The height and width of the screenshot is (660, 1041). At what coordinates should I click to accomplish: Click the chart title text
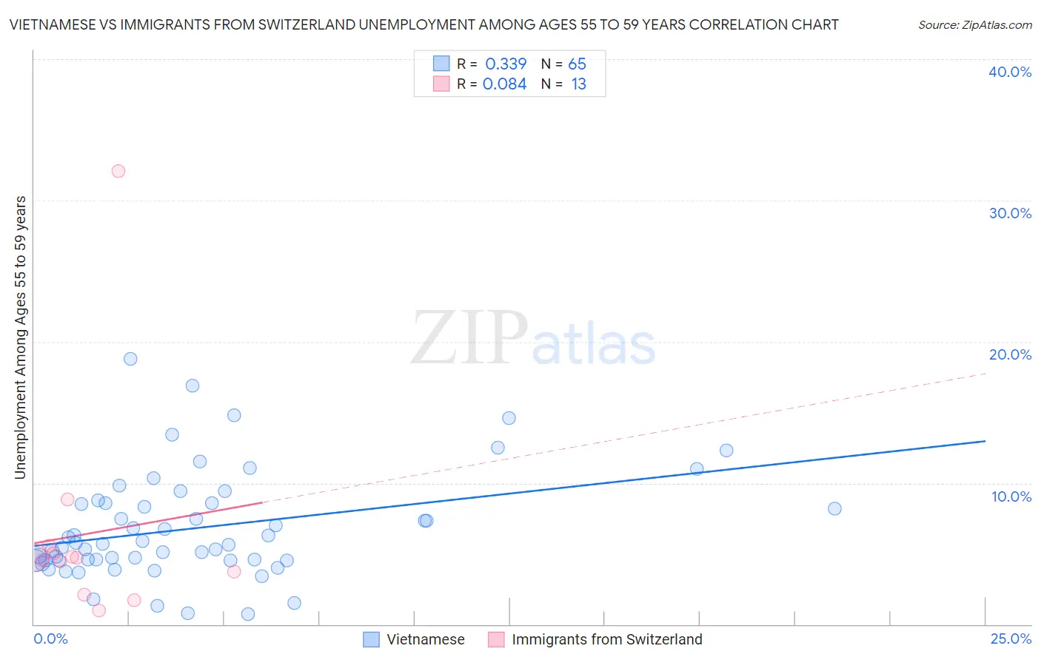click(424, 24)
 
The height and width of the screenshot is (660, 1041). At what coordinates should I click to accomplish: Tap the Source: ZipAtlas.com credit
click(974, 24)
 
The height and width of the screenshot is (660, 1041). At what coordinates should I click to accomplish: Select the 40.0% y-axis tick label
click(1010, 72)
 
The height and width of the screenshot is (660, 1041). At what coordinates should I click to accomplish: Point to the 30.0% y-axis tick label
click(1010, 213)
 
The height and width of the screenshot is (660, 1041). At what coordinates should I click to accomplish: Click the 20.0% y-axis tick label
click(1010, 354)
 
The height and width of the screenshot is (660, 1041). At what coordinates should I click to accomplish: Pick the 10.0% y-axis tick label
click(1011, 496)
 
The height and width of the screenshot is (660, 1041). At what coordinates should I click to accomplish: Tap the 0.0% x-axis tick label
click(50, 639)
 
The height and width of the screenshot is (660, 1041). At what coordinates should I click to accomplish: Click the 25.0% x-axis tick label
click(1011, 639)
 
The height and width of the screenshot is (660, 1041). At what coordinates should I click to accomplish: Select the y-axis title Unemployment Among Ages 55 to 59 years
click(21, 337)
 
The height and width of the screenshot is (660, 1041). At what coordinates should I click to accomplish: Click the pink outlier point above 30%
click(118, 171)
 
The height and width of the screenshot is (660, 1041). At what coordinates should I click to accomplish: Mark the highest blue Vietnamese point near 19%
click(130, 359)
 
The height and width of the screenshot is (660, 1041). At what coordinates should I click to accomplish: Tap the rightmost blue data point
click(834, 508)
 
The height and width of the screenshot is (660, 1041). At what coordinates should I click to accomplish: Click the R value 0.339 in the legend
click(506, 64)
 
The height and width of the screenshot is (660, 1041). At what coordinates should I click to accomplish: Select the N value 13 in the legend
click(578, 84)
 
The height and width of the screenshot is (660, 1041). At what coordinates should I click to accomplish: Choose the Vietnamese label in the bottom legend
click(426, 639)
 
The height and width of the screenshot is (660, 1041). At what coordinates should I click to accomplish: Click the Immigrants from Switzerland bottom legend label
click(606, 639)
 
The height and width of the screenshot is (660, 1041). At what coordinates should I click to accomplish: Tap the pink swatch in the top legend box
click(441, 84)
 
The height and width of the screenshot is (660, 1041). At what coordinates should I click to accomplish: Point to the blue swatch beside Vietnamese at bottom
click(371, 639)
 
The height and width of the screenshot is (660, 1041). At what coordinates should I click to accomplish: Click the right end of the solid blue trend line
click(985, 441)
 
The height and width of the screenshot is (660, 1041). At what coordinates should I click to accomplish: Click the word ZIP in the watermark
click(469, 339)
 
